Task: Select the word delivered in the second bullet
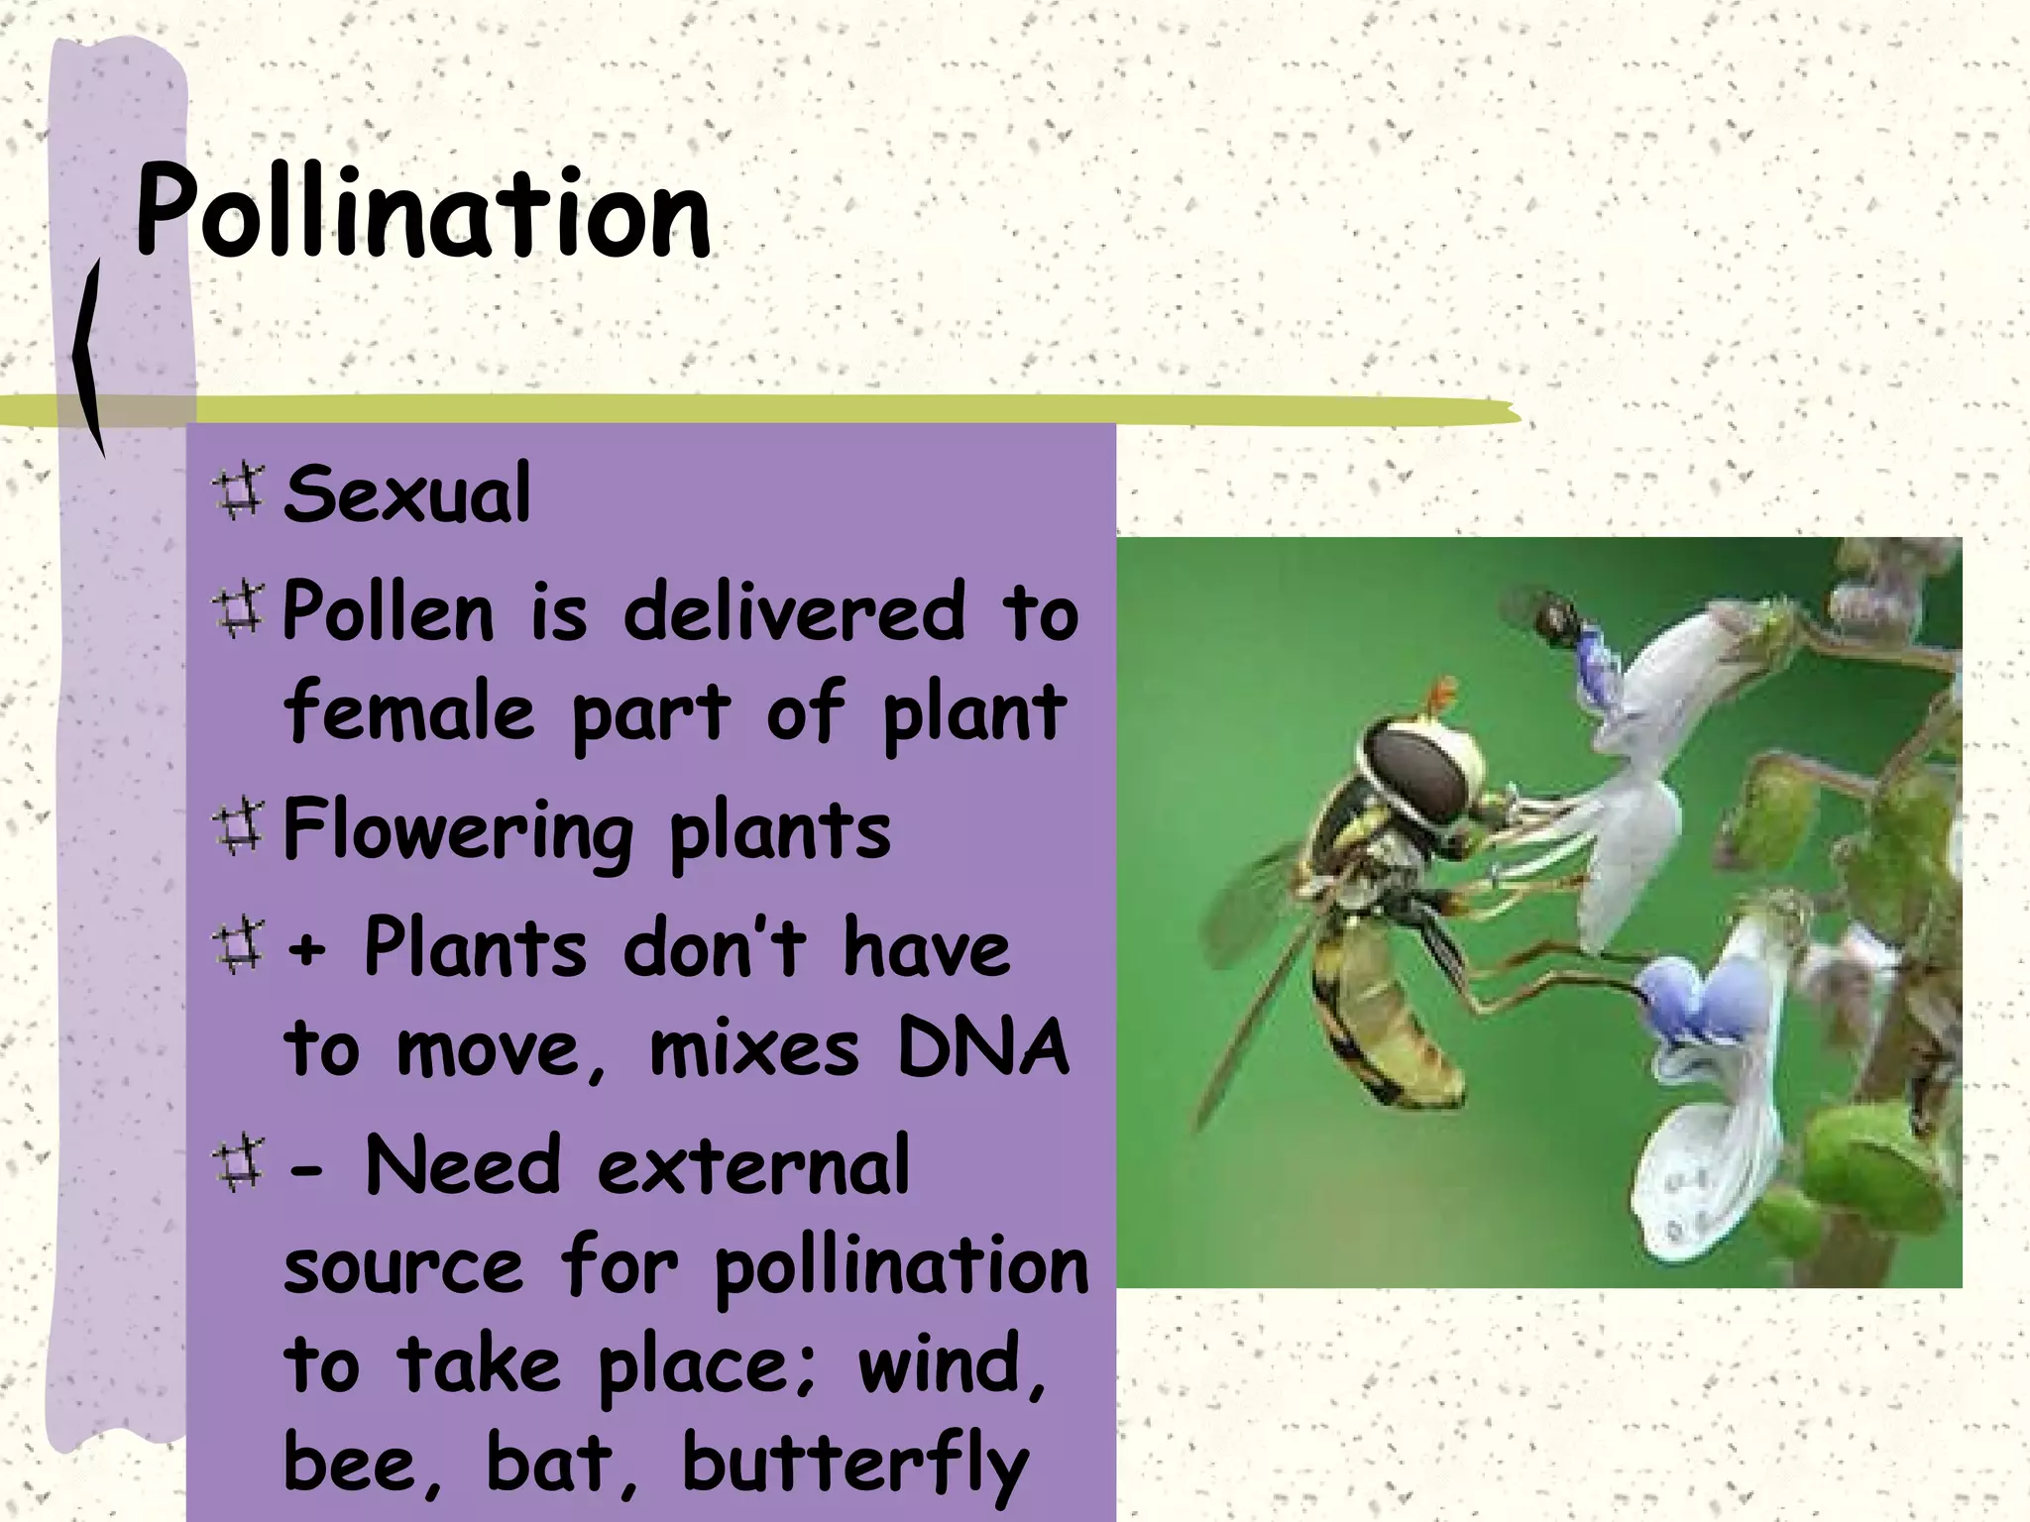(x=794, y=612)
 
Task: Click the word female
(x=409, y=710)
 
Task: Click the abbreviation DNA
(x=982, y=1047)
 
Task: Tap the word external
(x=753, y=1166)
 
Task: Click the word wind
(x=952, y=1364)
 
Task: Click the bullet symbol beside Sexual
(x=238, y=491)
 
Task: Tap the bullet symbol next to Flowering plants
(x=238, y=828)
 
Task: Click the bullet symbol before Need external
(x=238, y=1163)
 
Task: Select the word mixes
(x=753, y=1048)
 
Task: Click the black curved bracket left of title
(x=89, y=357)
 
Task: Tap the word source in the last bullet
(x=402, y=1267)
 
